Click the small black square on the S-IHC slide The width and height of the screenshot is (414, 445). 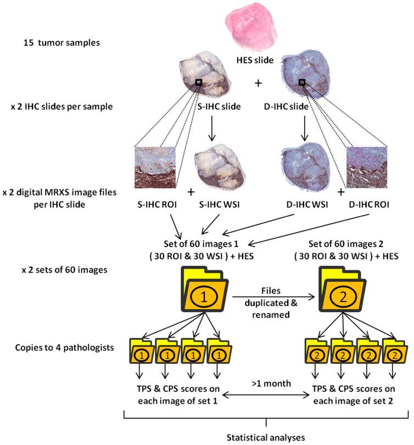(x=199, y=82)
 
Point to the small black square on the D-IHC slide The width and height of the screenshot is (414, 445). (x=301, y=82)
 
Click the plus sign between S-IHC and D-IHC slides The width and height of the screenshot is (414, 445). (x=258, y=84)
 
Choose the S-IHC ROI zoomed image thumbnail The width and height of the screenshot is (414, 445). (x=154, y=166)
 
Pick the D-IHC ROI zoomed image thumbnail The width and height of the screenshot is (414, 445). (x=367, y=166)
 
